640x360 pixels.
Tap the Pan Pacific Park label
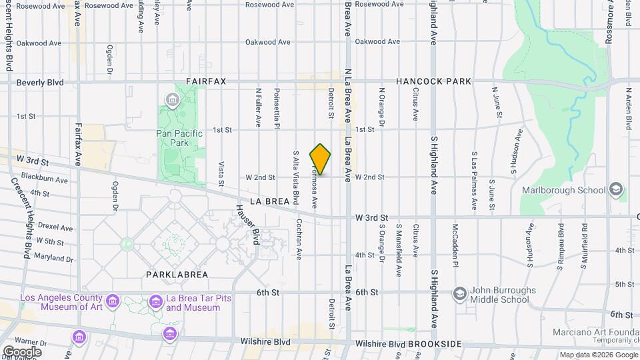point(179,138)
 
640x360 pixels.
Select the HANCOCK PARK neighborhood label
point(433,81)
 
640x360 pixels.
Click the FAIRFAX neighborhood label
point(206,81)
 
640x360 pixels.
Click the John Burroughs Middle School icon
point(459,293)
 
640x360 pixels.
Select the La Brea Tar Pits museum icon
point(156,301)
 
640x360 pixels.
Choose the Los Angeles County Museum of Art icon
point(113,301)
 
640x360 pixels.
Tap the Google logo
point(21,351)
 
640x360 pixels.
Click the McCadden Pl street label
point(457,240)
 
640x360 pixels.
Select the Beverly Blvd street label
point(40,83)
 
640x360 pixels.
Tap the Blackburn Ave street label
point(45,179)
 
